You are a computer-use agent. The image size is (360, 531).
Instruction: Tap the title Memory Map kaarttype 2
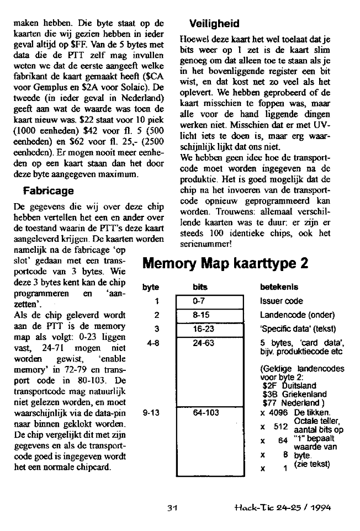[x=225, y=263]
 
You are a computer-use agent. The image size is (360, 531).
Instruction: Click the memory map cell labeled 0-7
[x=209, y=302]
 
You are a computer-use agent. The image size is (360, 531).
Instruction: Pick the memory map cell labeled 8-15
[x=209, y=315]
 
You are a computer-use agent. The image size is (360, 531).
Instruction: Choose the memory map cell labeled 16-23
[x=209, y=328]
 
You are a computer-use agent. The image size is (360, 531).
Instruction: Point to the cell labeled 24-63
[x=209, y=343]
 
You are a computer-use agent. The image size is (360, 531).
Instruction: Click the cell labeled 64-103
[x=209, y=412]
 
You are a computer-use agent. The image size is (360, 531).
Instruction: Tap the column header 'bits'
[x=200, y=288]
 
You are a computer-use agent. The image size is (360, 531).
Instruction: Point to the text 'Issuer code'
[x=281, y=302]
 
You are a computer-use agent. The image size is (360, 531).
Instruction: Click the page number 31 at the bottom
[x=172, y=508]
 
